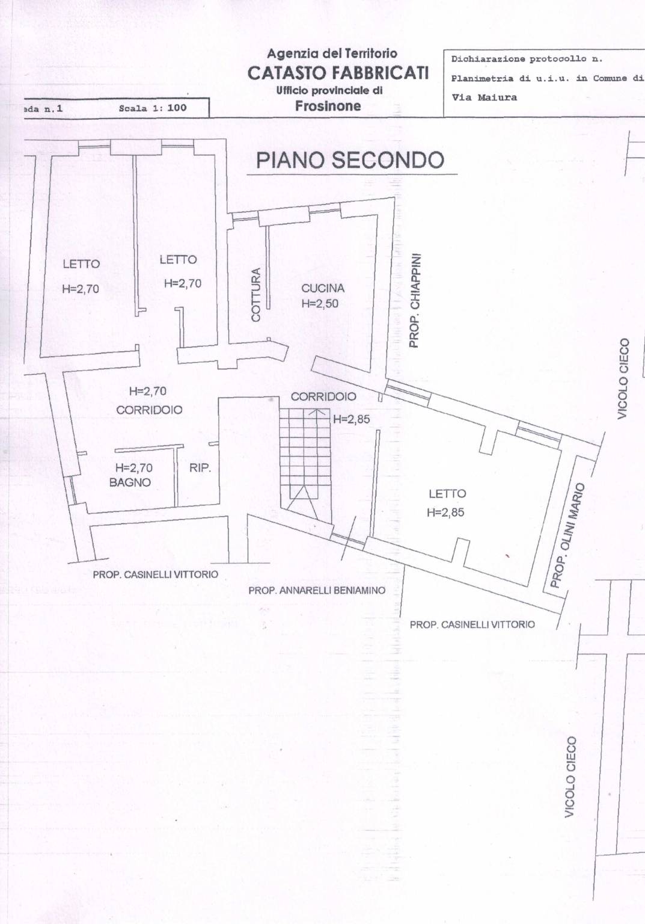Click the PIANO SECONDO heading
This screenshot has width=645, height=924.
pos(350,161)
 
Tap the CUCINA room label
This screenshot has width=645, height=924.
pos(323,288)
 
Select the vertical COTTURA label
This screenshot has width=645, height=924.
pos(256,295)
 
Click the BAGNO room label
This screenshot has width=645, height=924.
pos(130,482)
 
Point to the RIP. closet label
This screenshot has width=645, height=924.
pos(200,468)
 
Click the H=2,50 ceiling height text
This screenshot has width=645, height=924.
pos(320,304)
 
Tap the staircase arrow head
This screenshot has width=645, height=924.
pos(317,411)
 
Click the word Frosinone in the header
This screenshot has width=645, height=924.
pos(328,106)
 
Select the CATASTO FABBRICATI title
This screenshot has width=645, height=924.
pos(338,73)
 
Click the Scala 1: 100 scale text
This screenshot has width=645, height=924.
pos(153,108)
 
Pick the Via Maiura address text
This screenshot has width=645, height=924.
pos(485,98)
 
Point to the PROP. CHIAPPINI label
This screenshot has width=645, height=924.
pos(414,300)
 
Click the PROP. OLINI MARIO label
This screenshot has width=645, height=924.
pos(567,535)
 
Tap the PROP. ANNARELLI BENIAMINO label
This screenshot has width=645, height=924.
pos(317,591)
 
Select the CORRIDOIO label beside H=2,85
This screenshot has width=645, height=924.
pos(323,396)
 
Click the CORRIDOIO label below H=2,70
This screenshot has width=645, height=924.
pos(149,410)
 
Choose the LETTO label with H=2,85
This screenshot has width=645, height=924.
pos(447,493)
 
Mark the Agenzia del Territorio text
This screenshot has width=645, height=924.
pos(332,53)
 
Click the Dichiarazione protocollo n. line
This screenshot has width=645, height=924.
pos(527,59)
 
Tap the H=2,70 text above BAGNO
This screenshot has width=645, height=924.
pos(134,468)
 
